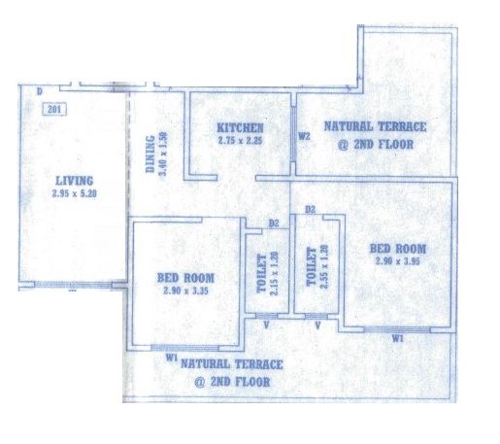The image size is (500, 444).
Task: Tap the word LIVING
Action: click(74, 181)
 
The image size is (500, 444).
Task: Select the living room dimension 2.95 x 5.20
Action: click(74, 193)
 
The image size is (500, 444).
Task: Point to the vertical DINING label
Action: click(150, 153)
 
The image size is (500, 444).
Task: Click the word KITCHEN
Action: click(240, 127)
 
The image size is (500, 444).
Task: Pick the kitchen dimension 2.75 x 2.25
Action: click(240, 140)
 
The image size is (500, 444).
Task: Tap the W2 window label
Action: click(303, 136)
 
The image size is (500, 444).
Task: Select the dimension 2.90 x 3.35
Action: click(185, 290)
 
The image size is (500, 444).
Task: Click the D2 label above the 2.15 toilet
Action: click(275, 224)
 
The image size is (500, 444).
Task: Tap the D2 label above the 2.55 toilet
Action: click(310, 210)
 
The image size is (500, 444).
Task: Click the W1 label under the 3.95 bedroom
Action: click(397, 339)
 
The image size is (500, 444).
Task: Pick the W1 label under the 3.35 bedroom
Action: click(171, 358)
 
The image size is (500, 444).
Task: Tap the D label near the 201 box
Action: click(39, 91)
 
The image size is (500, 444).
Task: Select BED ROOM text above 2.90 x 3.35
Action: click(185, 277)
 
